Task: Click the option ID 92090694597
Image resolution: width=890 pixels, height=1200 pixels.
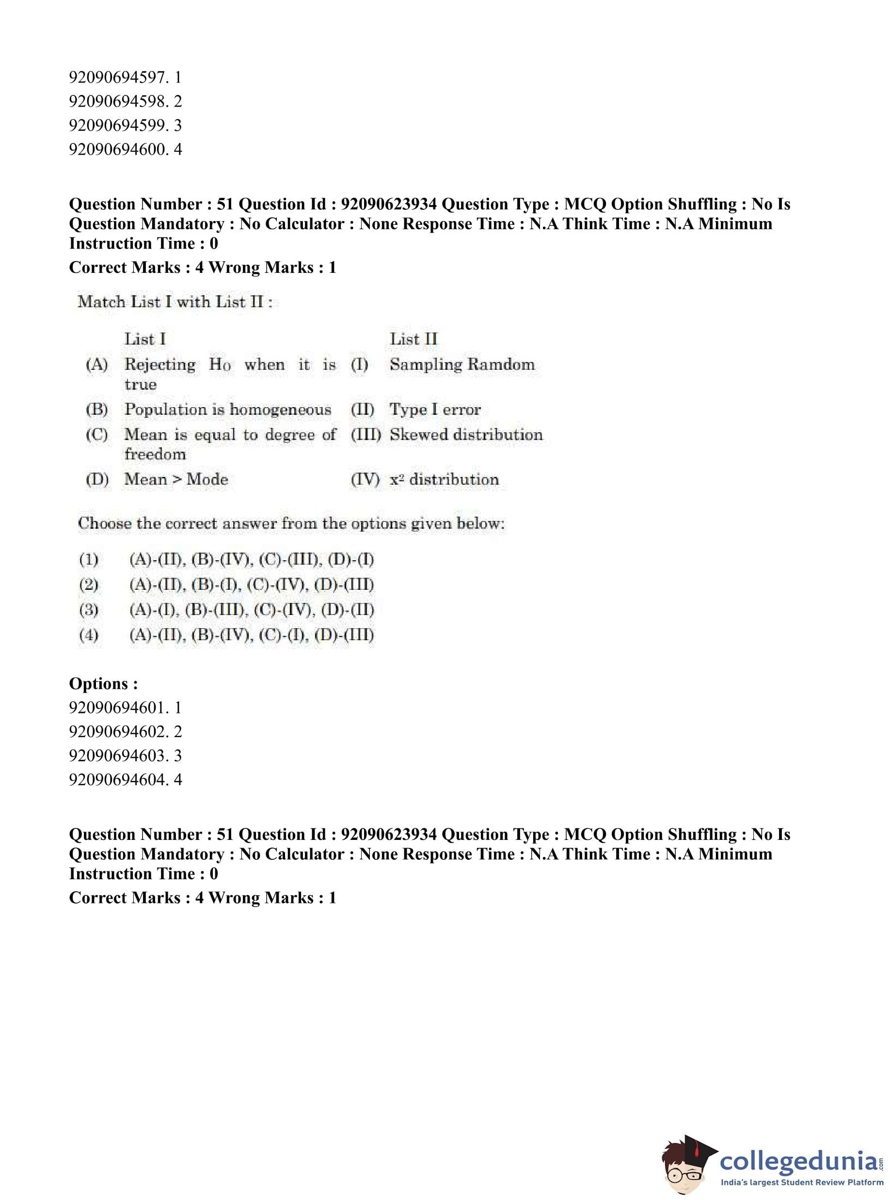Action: point(125,78)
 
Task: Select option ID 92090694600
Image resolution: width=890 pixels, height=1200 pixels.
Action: point(125,149)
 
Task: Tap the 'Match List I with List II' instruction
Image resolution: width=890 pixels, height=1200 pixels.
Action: point(175,302)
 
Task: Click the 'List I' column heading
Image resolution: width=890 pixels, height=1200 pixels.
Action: point(145,339)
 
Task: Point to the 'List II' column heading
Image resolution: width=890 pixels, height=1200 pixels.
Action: point(413,339)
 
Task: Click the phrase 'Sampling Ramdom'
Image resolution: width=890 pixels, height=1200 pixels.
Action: point(461,364)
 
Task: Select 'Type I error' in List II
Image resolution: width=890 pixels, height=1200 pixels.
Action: point(435,410)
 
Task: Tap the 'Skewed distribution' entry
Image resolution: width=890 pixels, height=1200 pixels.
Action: point(466,435)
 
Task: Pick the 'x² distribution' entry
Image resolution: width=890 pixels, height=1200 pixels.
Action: point(444,479)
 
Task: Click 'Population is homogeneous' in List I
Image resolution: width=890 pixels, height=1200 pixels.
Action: point(227,410)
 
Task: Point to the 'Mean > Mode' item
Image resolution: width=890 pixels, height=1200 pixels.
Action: point(176,479)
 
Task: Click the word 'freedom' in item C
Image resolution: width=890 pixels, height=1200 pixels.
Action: point(155,454)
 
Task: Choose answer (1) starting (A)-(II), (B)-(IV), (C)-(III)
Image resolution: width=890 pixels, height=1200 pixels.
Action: point(251,560)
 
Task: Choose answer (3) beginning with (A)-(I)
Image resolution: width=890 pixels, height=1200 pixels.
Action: point(251,610)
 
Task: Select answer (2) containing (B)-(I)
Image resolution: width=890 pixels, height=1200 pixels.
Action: point(251,584)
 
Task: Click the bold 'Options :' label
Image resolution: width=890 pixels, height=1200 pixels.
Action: point(103,683)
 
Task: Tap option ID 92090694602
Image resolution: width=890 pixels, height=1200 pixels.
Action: point(125,731)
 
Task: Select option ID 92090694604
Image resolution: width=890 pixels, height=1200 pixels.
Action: point(125,779)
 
